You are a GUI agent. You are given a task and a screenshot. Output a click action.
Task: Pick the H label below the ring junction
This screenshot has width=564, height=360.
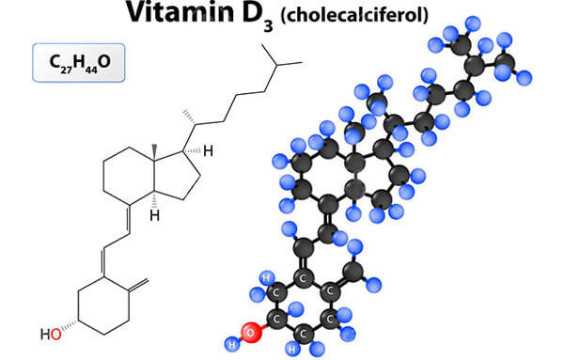156,214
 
